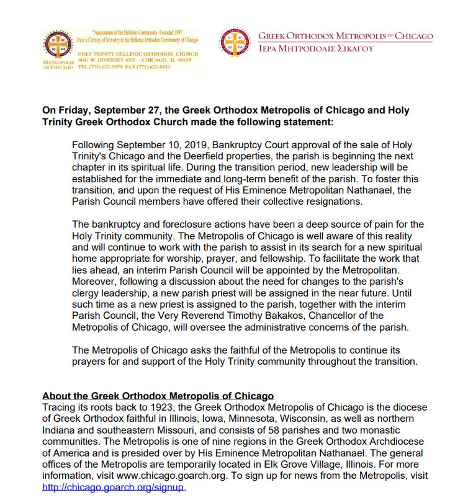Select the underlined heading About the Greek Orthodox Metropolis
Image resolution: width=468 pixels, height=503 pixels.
coord(158,396)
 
